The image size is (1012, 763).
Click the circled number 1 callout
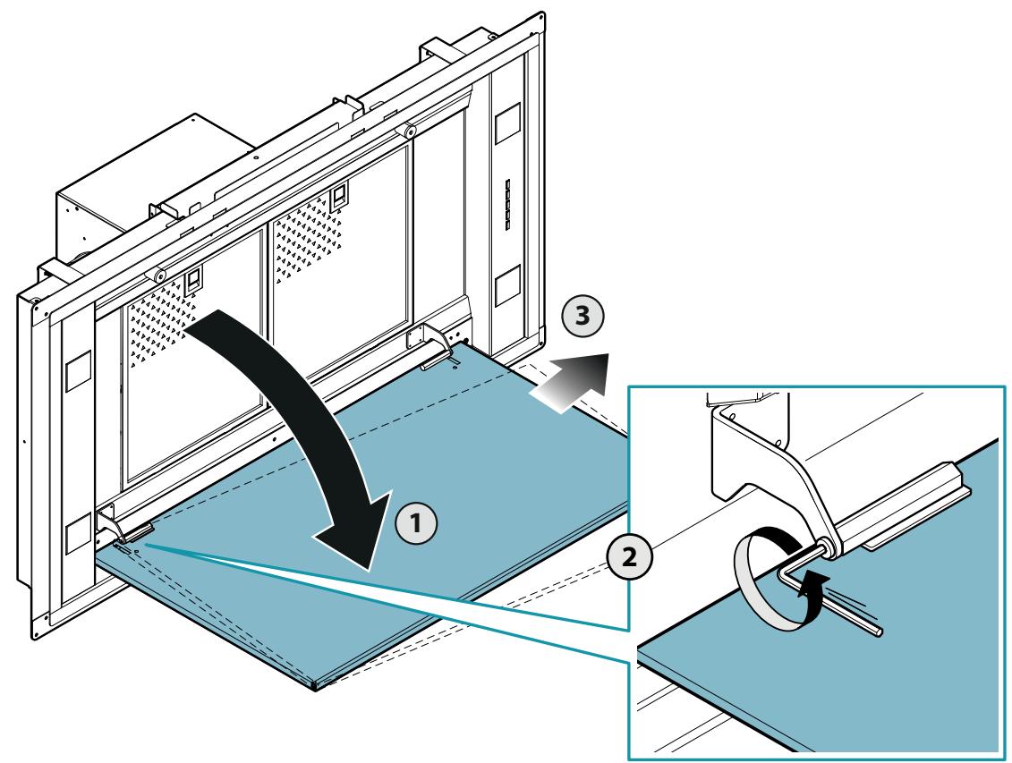[x=416, y=522]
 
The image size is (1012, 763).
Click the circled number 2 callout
[x=629, y=556]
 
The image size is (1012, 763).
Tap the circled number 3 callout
[x=583, y=316]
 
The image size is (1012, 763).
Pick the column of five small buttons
[x=508, y=205]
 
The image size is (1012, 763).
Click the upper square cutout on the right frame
[x=507, y=123]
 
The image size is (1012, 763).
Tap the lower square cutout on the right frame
[x=507, y=285]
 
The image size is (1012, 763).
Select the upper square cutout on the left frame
[x=78, y=371]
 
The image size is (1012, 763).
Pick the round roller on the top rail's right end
[x=409, y=131]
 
